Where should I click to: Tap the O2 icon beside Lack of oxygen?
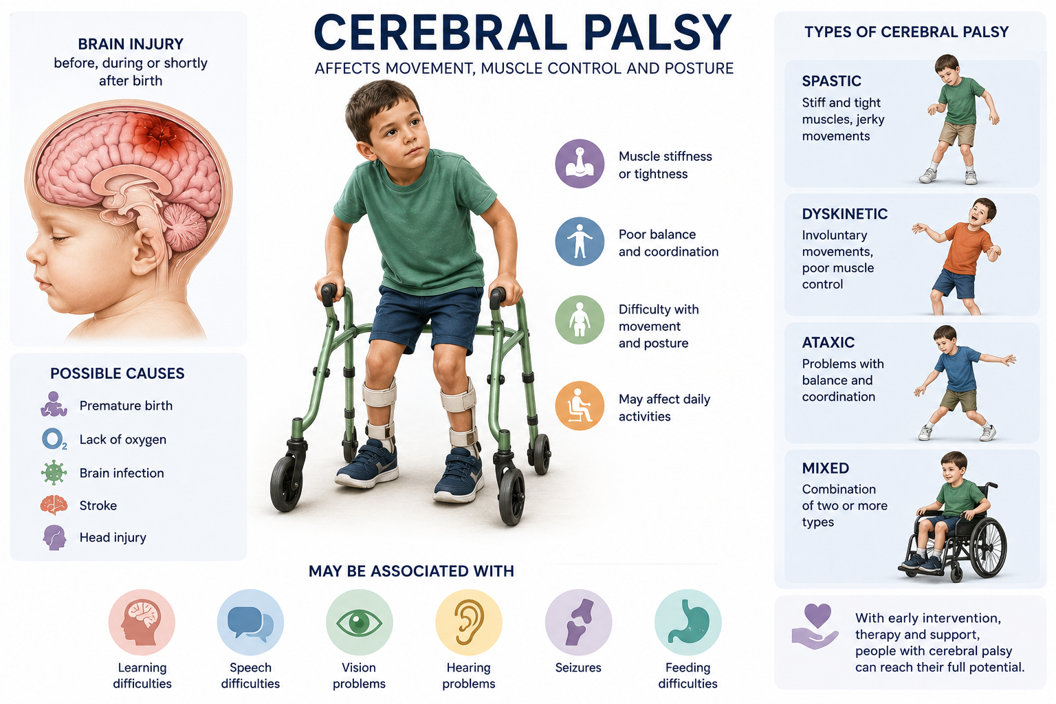tap(54, 439)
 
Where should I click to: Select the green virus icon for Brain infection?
tap(54, 472)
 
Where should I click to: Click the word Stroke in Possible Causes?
tap(98, 505)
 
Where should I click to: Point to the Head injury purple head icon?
tap(54, 538)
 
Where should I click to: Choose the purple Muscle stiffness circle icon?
tap(580, 164)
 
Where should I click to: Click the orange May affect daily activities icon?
tap(580, 406)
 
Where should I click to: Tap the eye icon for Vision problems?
tap(359, 622)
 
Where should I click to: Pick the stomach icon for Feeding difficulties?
tap(687, 621)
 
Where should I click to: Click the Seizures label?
tap(578, 668)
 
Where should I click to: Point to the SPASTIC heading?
tap(832, 81)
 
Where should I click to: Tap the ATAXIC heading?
tap(828, 342)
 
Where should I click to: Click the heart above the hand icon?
tap(817, 615)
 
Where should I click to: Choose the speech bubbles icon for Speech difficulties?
tap(250, 622)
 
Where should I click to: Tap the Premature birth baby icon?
tap(53, 404)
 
